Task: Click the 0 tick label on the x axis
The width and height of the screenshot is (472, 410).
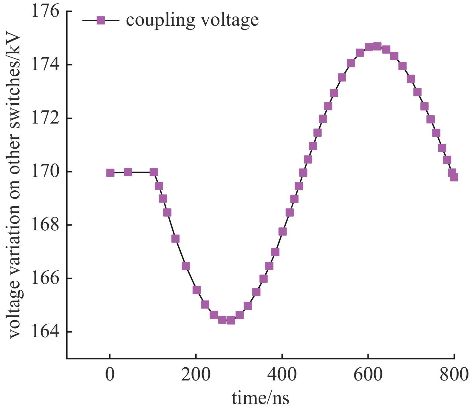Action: click(110, 374)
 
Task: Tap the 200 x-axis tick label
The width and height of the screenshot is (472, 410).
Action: click(196, 374)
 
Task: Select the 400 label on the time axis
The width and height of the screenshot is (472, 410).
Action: click(282, 374)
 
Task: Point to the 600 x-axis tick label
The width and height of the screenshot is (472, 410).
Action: click(368, 374)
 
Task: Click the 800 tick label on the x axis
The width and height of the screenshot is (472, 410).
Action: click(454, 374)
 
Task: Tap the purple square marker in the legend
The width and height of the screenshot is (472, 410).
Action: click(101, 20)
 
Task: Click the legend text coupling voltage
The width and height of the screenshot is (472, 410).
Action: click(192, 20)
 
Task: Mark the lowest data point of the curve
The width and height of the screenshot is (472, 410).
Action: click(231, 320)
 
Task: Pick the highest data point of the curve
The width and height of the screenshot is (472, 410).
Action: click(377, 46)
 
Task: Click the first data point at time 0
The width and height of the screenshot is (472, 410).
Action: click(110, 173)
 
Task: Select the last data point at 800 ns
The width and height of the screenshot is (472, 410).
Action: click(454, 177)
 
